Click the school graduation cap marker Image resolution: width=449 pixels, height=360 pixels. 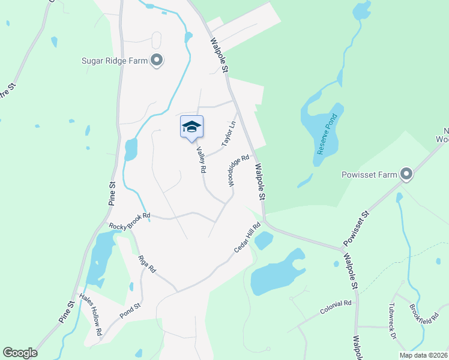(191, 127)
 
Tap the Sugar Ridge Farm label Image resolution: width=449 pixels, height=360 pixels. (115, 60)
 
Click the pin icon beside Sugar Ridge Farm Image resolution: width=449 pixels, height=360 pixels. (157, 60)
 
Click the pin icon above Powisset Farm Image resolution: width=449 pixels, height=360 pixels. (407, 174)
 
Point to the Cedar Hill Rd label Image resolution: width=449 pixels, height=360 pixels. (247, 238)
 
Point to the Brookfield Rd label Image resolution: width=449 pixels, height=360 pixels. (428, 313)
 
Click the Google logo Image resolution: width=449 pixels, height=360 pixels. (20, 353)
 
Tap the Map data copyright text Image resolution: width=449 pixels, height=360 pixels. (423, 355)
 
